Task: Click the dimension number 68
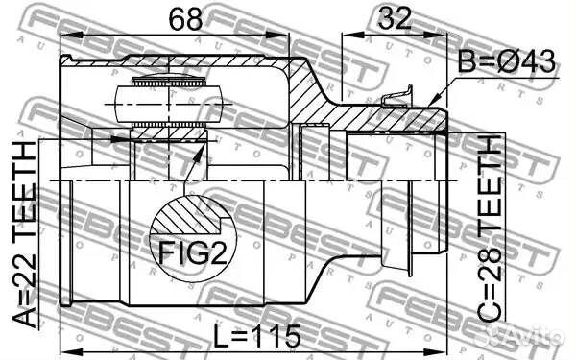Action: tap(185, 19)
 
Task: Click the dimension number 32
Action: tap(395, 18)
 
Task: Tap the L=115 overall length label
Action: tap(257, 336)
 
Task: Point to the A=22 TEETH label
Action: tap(24, 234)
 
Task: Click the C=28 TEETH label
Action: tap(490, 228)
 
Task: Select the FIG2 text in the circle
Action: tap(193, 252)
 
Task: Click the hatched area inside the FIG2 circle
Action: tap(187, 217)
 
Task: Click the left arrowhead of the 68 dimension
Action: tap(70, 35)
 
